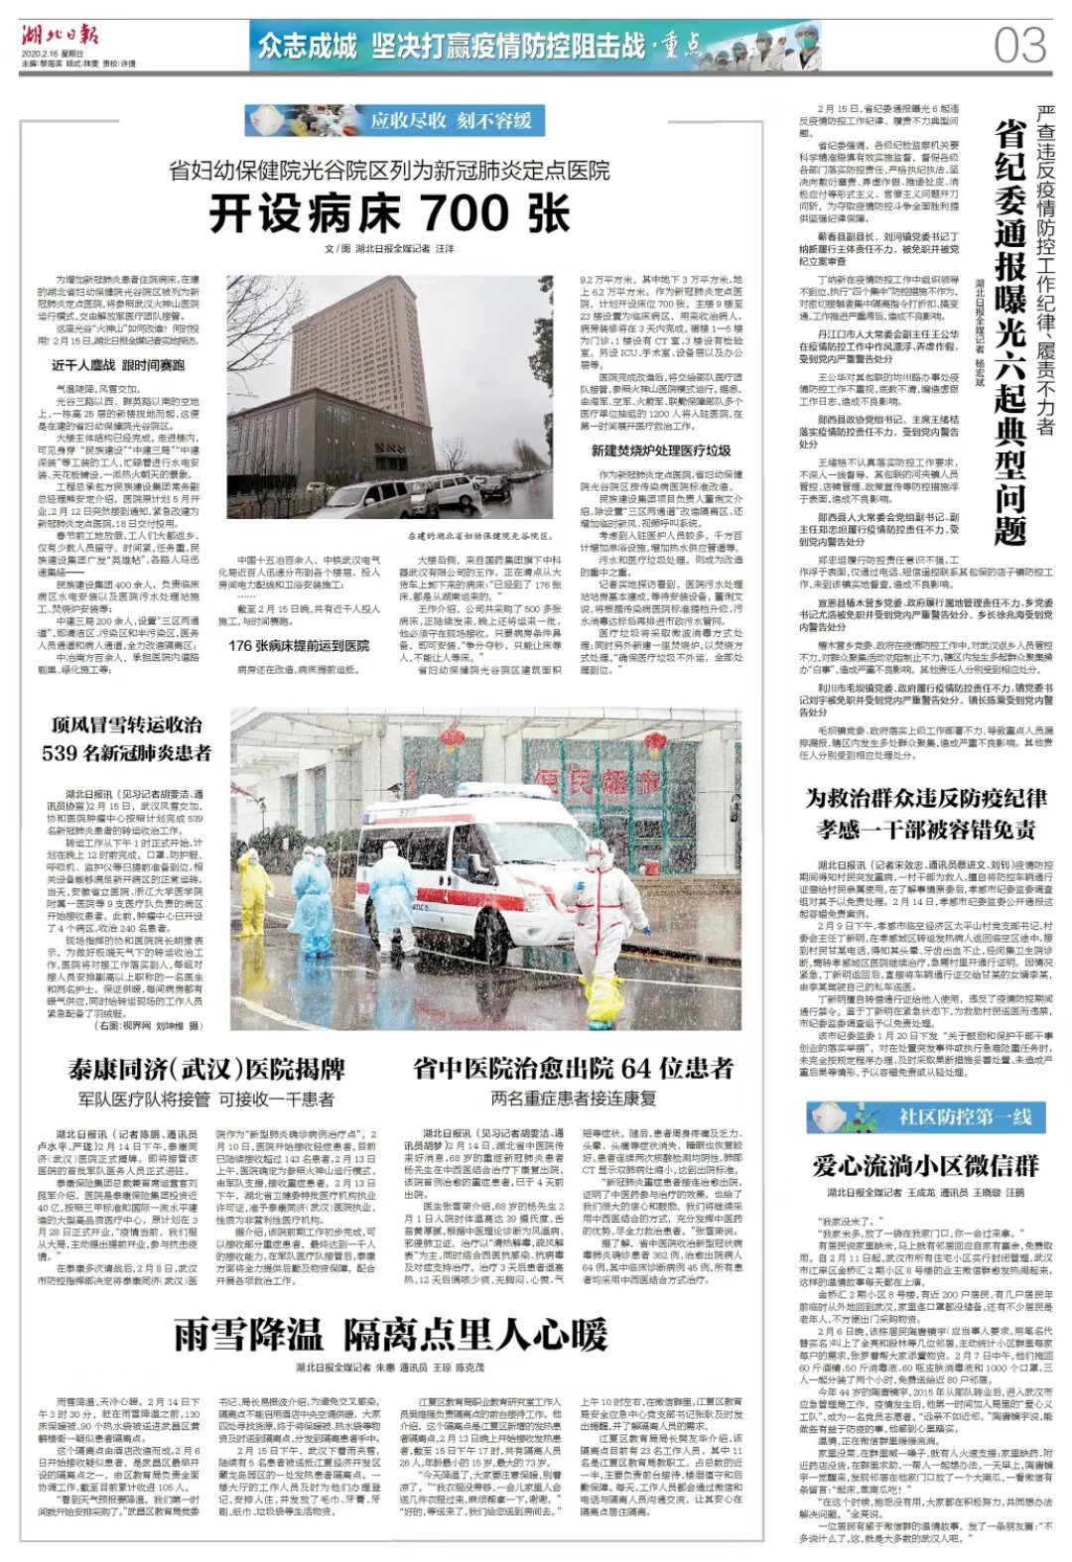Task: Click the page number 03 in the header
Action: click(x=1019, y=45)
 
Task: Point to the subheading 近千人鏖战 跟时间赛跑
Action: click(x=118, y=365)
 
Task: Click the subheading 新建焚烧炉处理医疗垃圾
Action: click(x=661, y=451)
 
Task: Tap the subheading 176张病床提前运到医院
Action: click(x=299, y=645)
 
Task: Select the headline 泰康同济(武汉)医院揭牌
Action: click(x=206, y=1069)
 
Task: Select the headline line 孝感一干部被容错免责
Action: click(x=926, y=830)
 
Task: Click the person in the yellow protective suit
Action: click(x=254, y=888)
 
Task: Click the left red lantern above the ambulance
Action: click(x=453, y=738)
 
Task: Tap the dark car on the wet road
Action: click(x=494, y=485)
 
